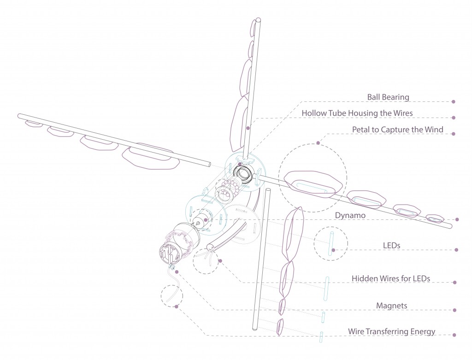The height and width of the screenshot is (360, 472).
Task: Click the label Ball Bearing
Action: click(x=388, y=97)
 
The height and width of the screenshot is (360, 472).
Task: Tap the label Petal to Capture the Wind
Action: click(x=397, y=130)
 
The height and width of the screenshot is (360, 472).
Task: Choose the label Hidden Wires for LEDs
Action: click(x=390, y=278)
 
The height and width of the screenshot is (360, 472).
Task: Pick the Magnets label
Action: click(x=391, y=305)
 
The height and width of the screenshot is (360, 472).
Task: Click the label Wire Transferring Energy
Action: click(x=391, y=331)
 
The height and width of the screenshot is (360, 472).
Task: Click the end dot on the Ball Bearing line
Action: click(x=454, y=101)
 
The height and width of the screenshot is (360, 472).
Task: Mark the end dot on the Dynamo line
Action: click(x=456, y=219)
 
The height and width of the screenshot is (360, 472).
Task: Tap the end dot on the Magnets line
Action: click(x=456, y=310)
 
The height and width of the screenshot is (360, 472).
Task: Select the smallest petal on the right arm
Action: click(x=434, y=218)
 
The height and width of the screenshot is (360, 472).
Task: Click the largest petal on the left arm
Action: click(x=147, y=156)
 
